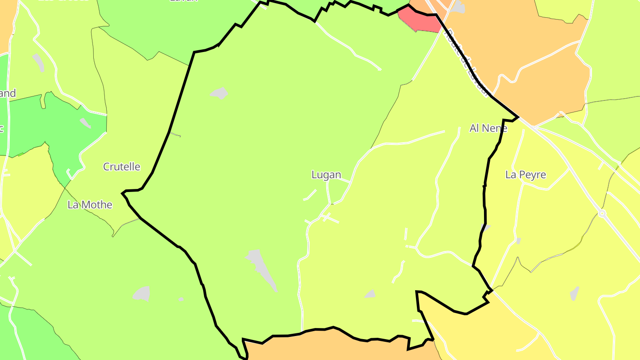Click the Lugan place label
(326, 175)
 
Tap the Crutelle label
(121, 167)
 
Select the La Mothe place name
(90, 205)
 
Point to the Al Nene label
(488, 128)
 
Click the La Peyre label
(525, 175)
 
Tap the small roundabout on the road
(602, 213)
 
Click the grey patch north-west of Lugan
(219, 93)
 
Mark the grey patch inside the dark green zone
(85, 123)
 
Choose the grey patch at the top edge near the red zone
(459, 6)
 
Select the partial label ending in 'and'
(8, 93)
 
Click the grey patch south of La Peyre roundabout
(574, 293)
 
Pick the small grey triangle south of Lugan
(370, 294)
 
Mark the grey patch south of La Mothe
(142, 293)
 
